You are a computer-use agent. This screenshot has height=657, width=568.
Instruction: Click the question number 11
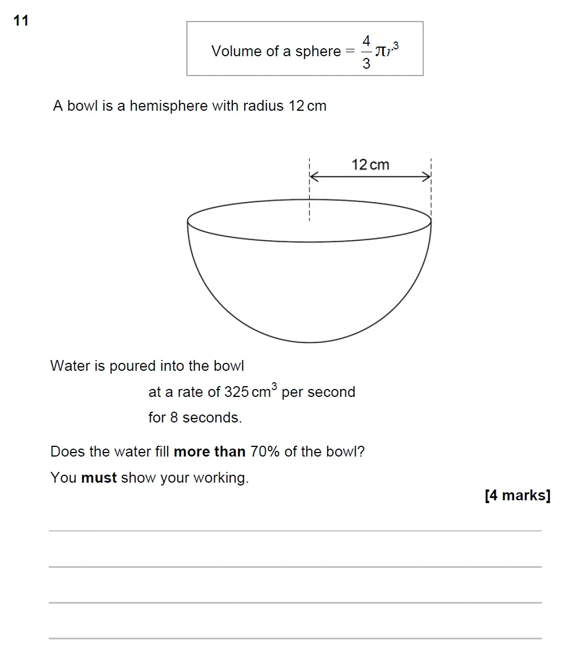20,21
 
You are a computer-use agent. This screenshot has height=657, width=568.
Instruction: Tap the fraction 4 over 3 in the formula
366,52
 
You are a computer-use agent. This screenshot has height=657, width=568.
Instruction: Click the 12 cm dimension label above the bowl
370,165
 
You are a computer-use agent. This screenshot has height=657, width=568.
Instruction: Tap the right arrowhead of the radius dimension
427,177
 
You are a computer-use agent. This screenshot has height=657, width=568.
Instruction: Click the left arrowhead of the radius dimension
314,177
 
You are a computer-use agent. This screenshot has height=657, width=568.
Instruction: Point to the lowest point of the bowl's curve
310,342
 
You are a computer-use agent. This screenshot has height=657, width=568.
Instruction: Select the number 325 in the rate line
236,392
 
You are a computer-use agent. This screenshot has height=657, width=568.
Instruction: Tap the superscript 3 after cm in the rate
274,387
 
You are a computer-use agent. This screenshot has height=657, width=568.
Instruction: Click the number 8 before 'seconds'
174,417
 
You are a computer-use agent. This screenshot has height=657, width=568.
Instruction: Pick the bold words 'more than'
209,452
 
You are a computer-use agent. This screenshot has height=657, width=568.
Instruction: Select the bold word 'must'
99,478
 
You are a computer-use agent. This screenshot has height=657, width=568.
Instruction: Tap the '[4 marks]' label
517,495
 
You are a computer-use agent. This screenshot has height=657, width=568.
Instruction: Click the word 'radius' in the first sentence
263,106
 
